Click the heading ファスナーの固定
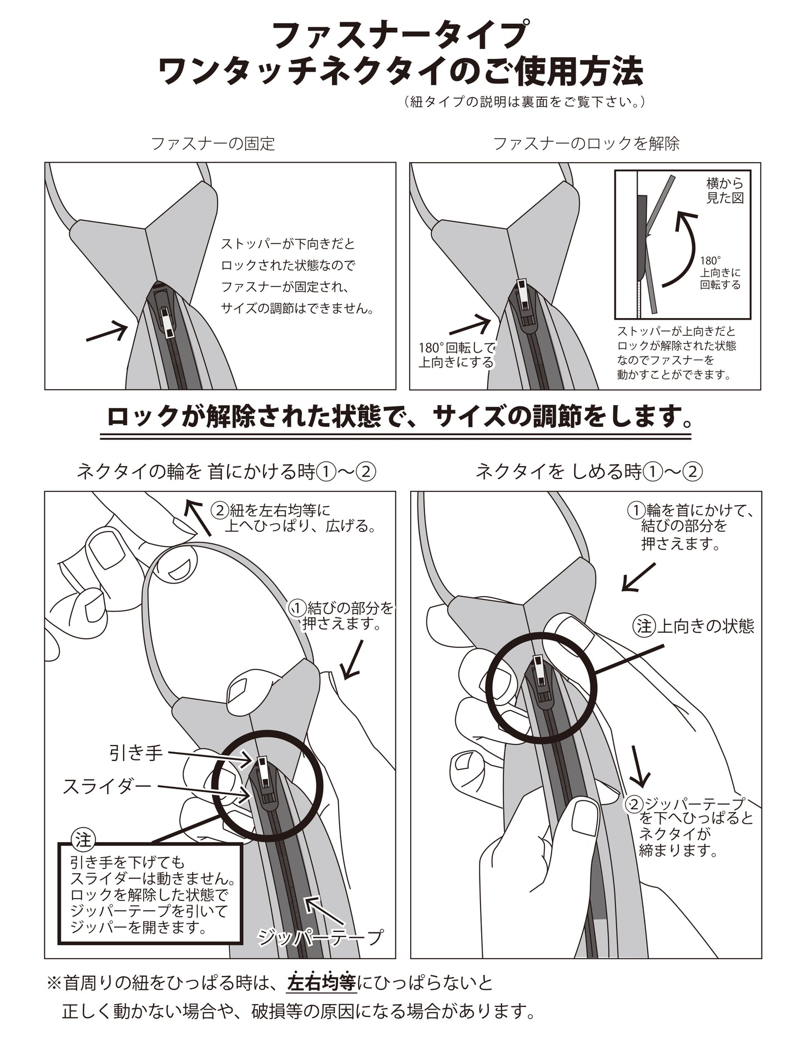[x=213, y=144]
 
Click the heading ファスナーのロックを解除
[x=586, y=144]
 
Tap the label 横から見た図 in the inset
[x=724, y=190]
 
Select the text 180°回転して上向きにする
[x=456, y=355]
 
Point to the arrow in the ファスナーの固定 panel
[x=106, y=331]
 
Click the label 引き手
[x=135, y=753]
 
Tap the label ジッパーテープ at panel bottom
[x=320, y=938]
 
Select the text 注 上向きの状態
[x=694, y=627]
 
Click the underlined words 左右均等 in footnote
[x=321, y=983]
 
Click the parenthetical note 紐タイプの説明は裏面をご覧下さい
[x=524, y=102]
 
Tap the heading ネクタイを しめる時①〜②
[x=589, y=472]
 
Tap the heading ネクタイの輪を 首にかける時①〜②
[x=226, y=472]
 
